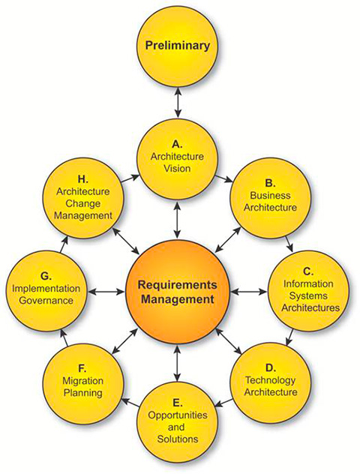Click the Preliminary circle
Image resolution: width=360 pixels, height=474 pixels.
178,46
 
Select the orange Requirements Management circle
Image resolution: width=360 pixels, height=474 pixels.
178,292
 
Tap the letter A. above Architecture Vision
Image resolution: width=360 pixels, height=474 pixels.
178,145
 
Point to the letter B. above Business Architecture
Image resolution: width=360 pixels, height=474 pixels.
270,183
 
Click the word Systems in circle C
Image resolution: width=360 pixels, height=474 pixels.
308,295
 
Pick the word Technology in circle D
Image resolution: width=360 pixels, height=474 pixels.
270,380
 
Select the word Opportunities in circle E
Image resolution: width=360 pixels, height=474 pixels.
178,415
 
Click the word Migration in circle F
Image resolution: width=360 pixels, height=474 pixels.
82,381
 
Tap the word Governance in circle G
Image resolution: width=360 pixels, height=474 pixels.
46,301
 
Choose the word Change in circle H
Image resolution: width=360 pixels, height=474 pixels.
82,203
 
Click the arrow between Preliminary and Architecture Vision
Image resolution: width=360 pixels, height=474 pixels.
178,102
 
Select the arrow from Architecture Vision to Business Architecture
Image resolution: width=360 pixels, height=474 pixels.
223,178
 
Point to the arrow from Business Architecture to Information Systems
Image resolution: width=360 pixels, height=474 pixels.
289,244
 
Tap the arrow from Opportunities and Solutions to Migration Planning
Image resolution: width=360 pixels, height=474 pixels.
130,402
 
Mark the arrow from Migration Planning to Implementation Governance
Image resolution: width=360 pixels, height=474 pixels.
64,337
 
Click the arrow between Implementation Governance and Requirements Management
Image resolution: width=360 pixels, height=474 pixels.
106,292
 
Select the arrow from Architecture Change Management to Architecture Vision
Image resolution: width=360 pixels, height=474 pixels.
130,179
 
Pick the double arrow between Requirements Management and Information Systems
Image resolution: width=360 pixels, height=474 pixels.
248,292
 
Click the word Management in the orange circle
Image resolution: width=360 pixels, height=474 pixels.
178,299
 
